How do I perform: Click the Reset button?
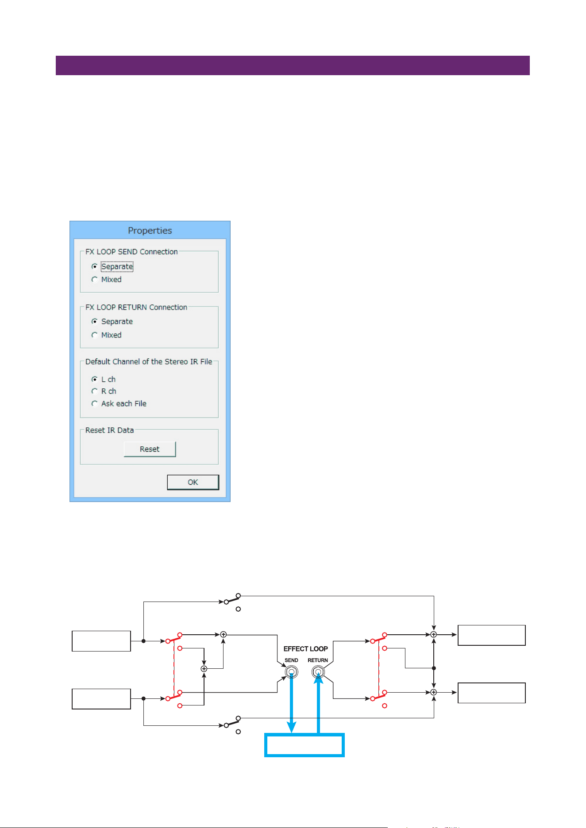point(150,449)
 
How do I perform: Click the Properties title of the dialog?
point(150,230)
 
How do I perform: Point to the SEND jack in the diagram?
point(291,673)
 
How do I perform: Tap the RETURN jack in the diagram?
point(318,673)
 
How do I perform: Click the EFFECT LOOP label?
point(306,649)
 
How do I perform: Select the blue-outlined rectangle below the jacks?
point(305,734)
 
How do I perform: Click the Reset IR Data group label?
point(109,430)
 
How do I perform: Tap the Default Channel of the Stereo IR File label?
point(149,362)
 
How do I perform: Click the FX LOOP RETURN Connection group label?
point(136,307)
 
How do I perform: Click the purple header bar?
point(293,65)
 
